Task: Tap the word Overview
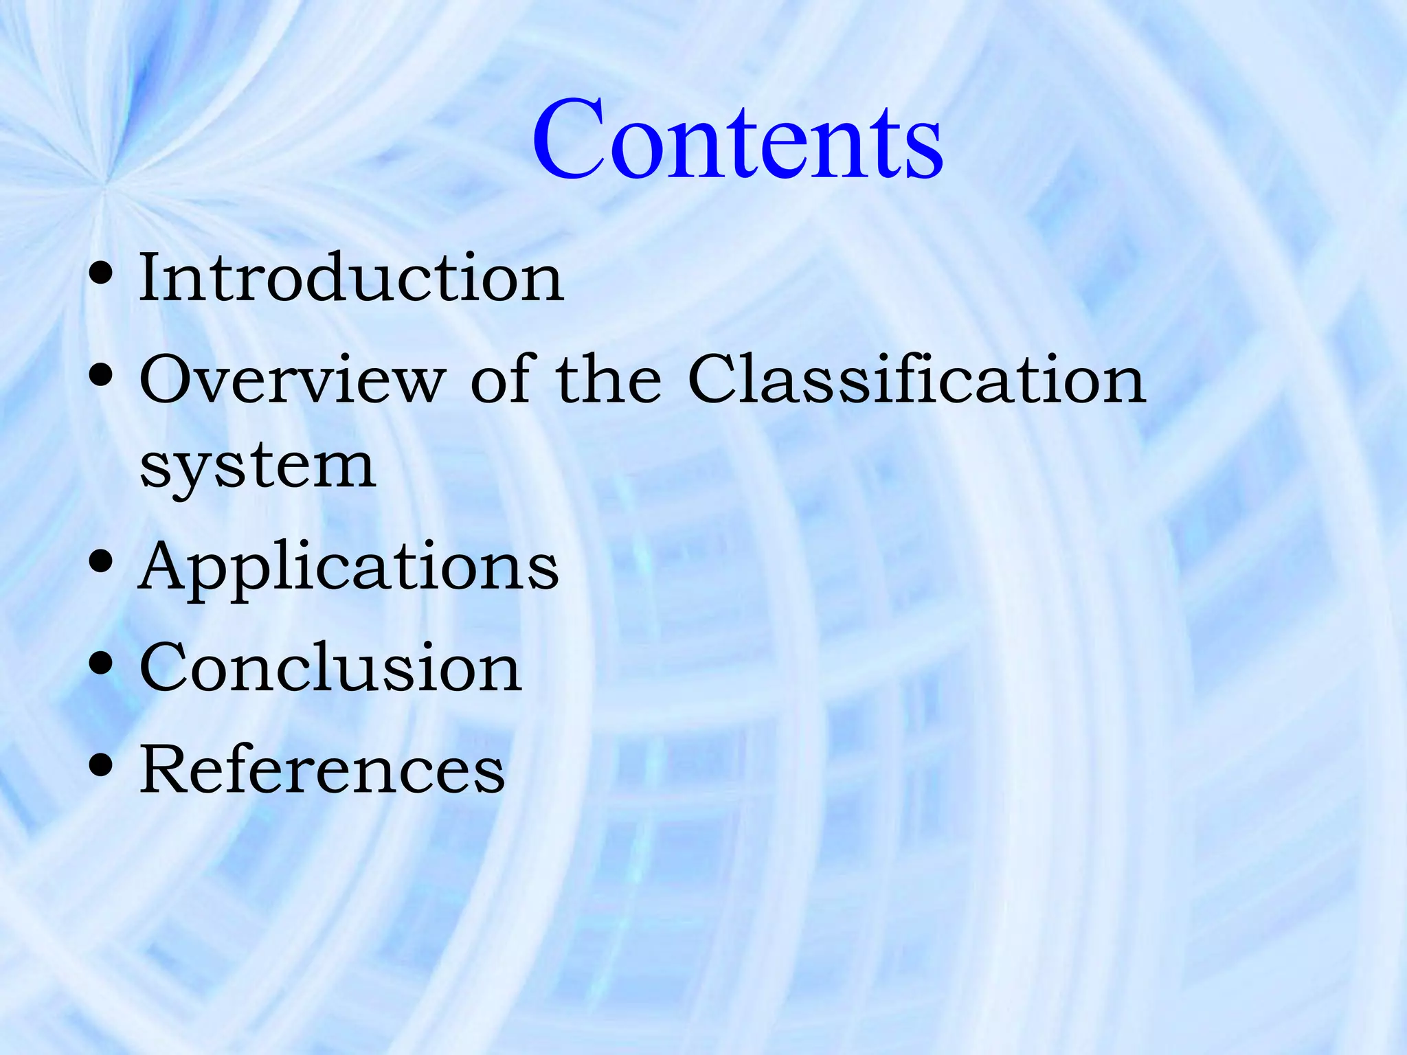(x=293, y=380)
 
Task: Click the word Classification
(x=916, y=380)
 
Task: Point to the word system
(x=258, y=468)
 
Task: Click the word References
(x=322, y=769)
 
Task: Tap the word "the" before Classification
(x=608, y=380)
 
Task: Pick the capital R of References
(x=165, y=769)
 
